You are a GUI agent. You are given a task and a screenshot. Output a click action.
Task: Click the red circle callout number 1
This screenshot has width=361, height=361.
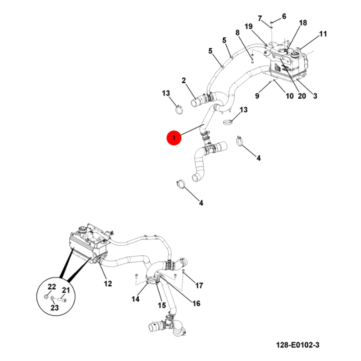click(x=174, y=138)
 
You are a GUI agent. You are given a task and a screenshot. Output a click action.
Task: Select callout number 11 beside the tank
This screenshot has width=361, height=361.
click(x=323, y=34)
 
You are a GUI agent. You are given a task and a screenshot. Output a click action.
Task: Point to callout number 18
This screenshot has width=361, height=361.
click(x=303, y=23)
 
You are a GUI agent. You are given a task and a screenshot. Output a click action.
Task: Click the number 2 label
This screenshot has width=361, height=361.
click(x=184, y=80)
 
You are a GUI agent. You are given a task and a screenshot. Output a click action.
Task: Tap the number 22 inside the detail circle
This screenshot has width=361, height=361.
click(x=52, y=287)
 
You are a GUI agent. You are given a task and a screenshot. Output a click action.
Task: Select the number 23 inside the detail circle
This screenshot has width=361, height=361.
click(x=54, y=308)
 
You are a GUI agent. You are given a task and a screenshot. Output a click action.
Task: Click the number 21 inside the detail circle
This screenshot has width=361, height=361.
click(x=66, y=290)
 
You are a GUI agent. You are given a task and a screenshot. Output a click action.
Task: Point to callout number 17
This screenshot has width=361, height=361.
click(x=199, y=286)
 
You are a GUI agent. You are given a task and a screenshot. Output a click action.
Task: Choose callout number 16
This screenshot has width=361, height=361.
click(x=196, y=303)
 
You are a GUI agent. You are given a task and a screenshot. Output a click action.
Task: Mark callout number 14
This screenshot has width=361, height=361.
click(x=135, y=299)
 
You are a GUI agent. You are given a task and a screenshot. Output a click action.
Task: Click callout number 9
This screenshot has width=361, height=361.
click(x=257, y=96)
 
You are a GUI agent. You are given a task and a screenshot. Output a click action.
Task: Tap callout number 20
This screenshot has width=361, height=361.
click(x=302, y=96)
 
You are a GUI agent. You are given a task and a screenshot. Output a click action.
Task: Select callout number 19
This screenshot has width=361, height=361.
click(x=249, y=27)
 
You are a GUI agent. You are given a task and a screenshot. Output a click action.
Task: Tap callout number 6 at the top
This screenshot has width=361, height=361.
click(x=284, y=17)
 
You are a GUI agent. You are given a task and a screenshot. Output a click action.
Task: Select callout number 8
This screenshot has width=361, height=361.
click(x=237, y=33)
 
